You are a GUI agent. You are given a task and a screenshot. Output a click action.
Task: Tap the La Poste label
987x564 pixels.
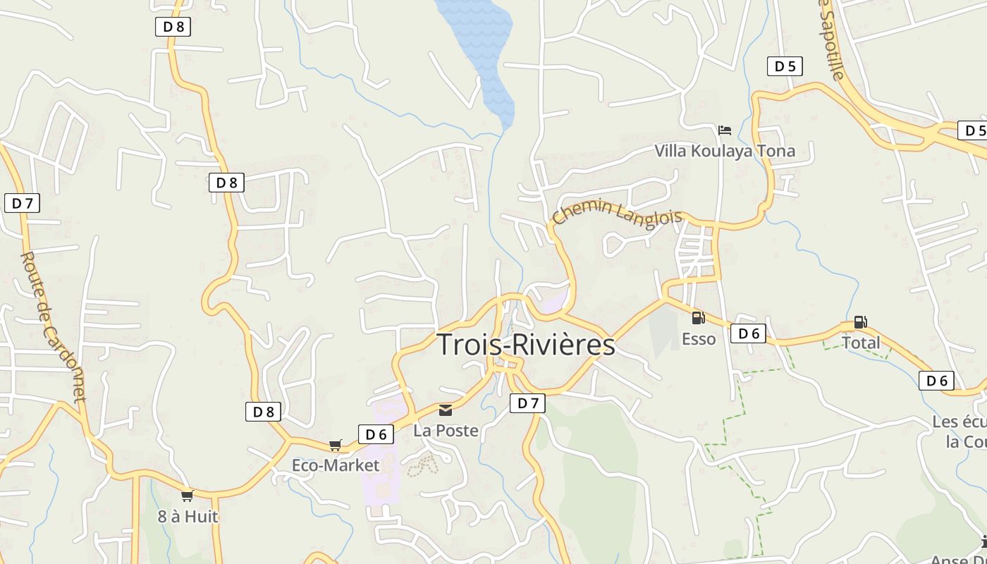pos(446,430)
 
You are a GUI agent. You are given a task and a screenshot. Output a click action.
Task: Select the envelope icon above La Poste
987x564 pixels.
pos(446,410)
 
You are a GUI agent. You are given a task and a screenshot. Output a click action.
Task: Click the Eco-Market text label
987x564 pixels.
pos(336,465)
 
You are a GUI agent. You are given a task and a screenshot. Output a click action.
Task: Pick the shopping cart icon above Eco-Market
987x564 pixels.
pos(336,445)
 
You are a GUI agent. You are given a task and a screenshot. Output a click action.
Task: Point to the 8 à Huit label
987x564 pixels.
pos(188,517)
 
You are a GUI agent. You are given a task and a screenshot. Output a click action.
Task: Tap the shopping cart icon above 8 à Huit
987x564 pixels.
pos(187,496)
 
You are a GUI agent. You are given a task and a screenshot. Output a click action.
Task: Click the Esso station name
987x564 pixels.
pos(699,339)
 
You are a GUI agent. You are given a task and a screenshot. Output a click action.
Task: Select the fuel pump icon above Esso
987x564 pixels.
pos(698,318)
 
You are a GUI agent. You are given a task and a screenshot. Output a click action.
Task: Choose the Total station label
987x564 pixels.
pos(861,343)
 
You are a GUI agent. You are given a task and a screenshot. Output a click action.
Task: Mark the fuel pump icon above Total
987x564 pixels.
pos(860,322)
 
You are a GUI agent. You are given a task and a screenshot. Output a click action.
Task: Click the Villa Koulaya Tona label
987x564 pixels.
pos(725,151)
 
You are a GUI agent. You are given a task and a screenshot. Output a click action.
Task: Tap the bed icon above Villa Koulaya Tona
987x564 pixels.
pos(724,130)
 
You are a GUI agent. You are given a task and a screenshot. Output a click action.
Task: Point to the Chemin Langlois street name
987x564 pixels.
pos(617,212)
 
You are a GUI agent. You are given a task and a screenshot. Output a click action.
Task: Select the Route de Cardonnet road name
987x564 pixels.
pos(53,328)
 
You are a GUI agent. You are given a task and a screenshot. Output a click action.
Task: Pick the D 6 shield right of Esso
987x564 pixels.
pos(748,333)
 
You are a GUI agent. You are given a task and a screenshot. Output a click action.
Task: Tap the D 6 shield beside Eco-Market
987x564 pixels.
pos(376,434)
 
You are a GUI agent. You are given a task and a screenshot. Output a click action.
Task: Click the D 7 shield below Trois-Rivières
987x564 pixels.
pos(527,403)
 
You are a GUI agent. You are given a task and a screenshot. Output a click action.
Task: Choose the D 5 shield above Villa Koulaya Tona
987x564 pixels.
pos(785,66)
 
